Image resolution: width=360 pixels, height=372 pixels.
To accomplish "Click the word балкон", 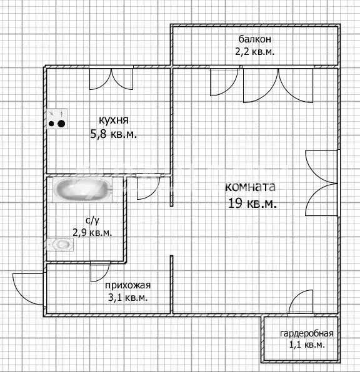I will click(255, 39).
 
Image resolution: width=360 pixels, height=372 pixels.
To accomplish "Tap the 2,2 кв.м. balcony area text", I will click(255, 52).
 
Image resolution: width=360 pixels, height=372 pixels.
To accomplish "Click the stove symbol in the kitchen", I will click(57, 118).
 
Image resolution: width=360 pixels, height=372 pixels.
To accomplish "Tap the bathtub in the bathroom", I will click(81, 189).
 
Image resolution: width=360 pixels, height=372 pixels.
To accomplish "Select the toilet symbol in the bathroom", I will click(60, 244).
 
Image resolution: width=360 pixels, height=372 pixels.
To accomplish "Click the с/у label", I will click(91, 220).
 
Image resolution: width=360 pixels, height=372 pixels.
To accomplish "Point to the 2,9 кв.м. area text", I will click(92, 232).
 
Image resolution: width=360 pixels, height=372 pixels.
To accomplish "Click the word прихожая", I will click(128, 285).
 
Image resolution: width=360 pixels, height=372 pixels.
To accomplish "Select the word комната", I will click(250, 187).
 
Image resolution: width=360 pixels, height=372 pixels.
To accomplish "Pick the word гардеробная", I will click(306, 333).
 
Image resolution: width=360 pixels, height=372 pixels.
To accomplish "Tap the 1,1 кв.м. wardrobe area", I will click(306, 345).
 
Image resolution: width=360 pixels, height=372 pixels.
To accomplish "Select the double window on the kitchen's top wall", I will click(111, 80).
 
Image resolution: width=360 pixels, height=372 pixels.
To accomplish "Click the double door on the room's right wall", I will click(321, 182).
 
